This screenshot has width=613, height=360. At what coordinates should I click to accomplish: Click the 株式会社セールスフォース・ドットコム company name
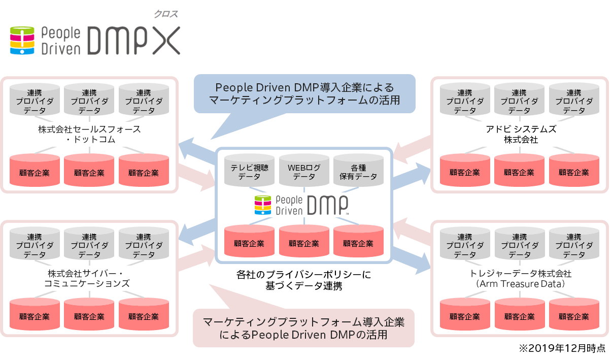89,134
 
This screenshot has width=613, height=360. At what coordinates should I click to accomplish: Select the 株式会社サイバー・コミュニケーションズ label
89,278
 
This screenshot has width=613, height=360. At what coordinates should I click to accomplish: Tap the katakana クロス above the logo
166,15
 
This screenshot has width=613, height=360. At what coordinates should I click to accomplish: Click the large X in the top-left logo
166,41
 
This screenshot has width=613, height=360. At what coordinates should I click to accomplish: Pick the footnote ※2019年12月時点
562,349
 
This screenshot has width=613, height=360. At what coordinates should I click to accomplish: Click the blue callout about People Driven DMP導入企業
304,93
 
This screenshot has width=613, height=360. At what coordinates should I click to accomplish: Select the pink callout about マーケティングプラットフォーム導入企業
303,328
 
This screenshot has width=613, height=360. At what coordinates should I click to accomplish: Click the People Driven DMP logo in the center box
303,205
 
